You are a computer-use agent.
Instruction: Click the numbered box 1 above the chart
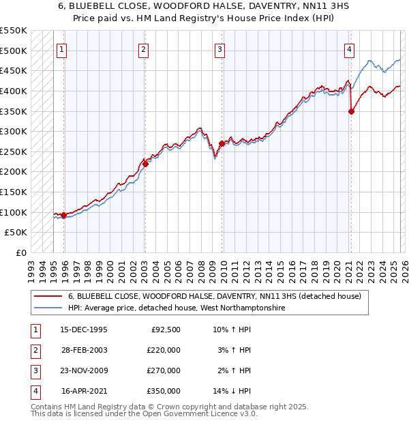pos(61,48)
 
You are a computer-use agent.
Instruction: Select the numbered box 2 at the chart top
pos(144,48)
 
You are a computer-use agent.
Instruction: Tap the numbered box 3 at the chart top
pos(220,48)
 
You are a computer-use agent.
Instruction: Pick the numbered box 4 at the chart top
pos(348,48)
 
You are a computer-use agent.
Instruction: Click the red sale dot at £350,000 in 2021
pos(351,112)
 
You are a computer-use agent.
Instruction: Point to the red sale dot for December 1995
pos(64,216)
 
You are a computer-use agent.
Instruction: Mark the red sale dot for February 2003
pos(145,164)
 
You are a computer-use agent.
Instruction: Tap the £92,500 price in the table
pos(166,330)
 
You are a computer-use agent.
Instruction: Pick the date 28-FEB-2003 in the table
pos(85,350)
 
